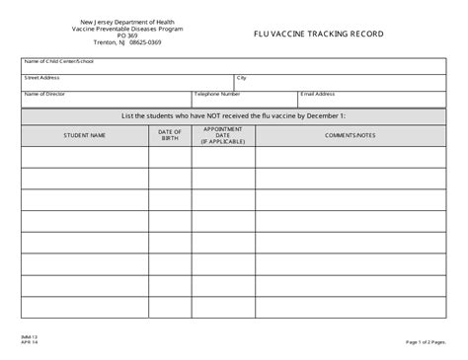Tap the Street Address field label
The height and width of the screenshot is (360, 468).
tap(42, 77)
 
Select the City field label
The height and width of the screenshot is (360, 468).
tap(241, 77)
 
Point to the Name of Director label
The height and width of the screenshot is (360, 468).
tap(45, 94)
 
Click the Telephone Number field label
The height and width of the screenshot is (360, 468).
tap(217, 94)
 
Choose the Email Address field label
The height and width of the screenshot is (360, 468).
tap(322, 94)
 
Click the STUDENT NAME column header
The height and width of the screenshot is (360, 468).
tap(84, 135)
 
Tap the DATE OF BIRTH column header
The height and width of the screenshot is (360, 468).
tap(170, 135)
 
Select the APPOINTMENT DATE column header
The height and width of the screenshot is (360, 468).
tap(222, 135)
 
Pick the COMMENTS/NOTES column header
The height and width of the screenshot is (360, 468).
tap(351, 135)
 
